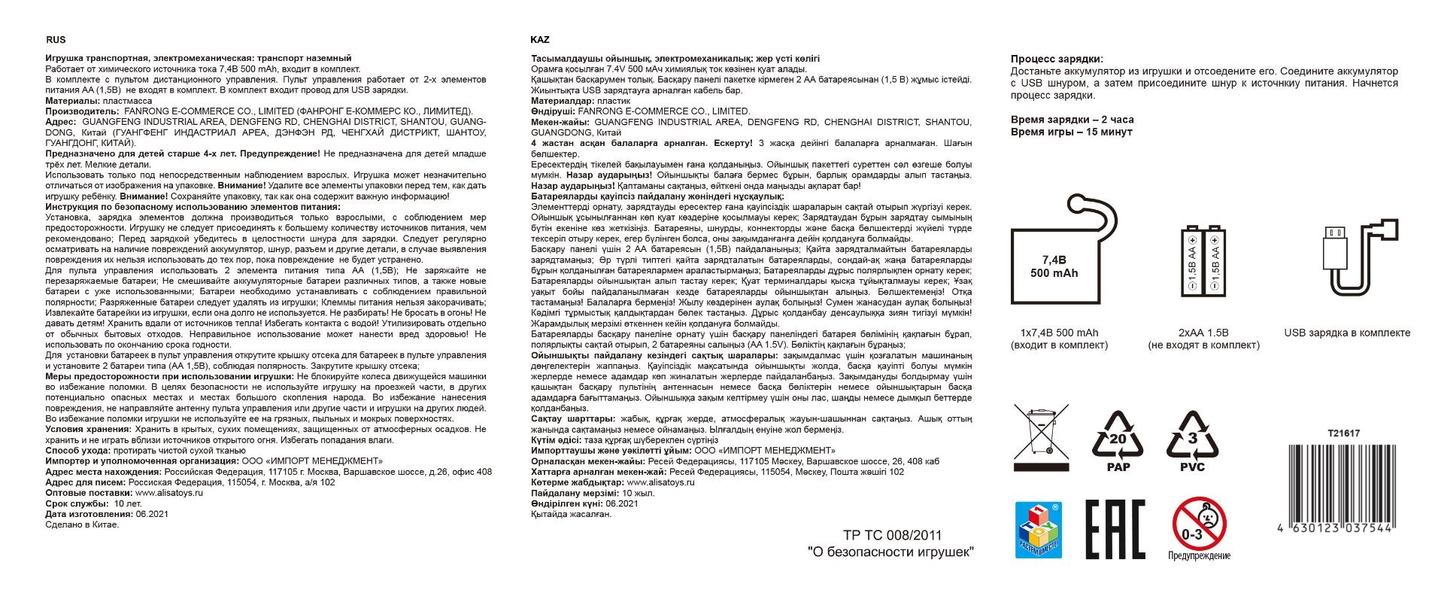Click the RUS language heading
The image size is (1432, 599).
pos(56,40)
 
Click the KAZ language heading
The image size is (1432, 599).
pos(540,40)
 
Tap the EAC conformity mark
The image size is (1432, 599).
pos(1115,529)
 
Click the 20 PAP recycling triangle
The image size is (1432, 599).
pos(1118,441)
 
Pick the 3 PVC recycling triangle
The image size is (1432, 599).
pos(1192,441)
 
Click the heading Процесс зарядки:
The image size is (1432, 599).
pos(1057,59)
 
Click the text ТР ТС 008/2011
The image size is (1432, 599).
pos(892,536)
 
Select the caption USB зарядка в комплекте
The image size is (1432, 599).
pos(1347,333)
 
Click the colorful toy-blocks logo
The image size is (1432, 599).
pos(1038,530)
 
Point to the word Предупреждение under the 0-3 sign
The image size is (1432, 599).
pos(1199,555)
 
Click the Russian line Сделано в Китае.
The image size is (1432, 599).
pos(82,525)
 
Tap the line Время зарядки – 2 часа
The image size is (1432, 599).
pos(1072,120)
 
